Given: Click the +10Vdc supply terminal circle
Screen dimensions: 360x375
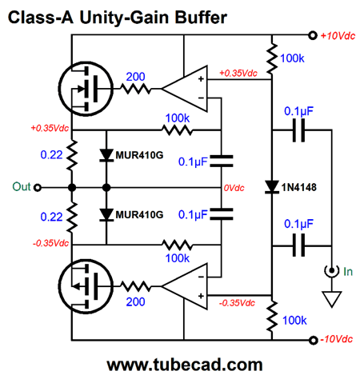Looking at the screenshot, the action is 312,35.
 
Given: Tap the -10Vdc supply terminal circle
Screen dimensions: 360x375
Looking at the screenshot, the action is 313,340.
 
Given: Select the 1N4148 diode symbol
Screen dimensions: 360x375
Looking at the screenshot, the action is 272,187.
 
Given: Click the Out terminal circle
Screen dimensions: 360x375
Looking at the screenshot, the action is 38,188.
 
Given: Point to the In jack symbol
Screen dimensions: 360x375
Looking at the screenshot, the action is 331,271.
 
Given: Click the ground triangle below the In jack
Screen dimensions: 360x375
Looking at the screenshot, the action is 332,299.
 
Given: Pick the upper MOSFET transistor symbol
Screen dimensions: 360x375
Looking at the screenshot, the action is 86,89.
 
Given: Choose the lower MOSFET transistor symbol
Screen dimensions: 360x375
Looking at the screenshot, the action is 86,286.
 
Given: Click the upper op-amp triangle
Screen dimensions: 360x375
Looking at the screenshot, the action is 185,89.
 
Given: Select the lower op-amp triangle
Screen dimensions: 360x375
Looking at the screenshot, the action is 185,286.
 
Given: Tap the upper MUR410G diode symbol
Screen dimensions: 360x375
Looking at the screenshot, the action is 106,155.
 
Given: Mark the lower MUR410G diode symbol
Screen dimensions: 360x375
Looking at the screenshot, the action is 106,215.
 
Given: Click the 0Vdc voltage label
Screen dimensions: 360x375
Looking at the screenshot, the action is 234,188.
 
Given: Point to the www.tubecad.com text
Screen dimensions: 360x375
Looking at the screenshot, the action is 185,365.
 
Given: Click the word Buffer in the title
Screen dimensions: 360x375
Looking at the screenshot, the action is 201,18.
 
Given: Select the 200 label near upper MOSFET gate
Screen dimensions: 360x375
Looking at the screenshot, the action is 135,77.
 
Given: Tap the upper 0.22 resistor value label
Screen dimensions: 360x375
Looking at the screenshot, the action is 51,154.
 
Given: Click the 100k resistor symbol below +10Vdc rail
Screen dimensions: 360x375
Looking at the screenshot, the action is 272,58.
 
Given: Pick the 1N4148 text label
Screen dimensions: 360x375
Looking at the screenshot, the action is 298,187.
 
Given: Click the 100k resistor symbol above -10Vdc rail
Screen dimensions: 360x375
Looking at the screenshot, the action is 272,317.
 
